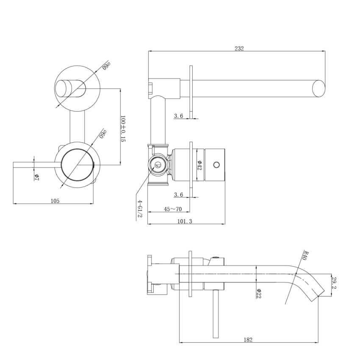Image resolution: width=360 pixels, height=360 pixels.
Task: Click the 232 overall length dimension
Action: coord(239,48)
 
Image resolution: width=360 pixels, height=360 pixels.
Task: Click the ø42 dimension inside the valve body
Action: coord(199,165)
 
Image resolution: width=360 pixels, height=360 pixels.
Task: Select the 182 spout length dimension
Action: coord(249,339)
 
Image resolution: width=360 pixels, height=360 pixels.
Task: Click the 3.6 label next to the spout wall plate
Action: coord(178,116)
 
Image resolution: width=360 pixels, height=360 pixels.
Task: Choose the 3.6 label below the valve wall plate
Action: coord(178,194)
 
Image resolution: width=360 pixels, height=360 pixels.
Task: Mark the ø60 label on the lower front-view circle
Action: coord(102,134)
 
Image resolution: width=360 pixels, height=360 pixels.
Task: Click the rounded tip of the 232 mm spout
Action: coord(318,88)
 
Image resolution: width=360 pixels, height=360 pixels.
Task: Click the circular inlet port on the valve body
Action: coord(158,165)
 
